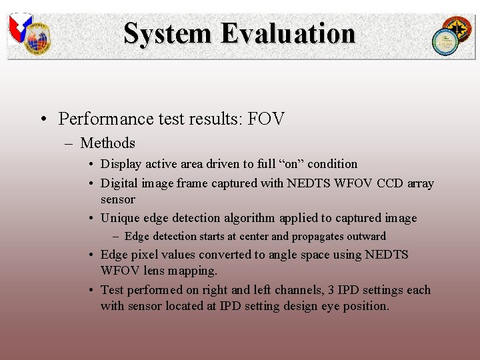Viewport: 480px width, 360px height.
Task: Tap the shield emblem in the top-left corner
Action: pyautogui.click(x=20, y=28)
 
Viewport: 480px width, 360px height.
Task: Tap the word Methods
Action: pyautogui.click(x=107, y=143)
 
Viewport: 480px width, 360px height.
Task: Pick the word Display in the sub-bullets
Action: pyautogui.click(x=120, y=164)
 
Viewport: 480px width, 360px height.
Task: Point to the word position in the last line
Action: pyautogui.click(x=365, y=306)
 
